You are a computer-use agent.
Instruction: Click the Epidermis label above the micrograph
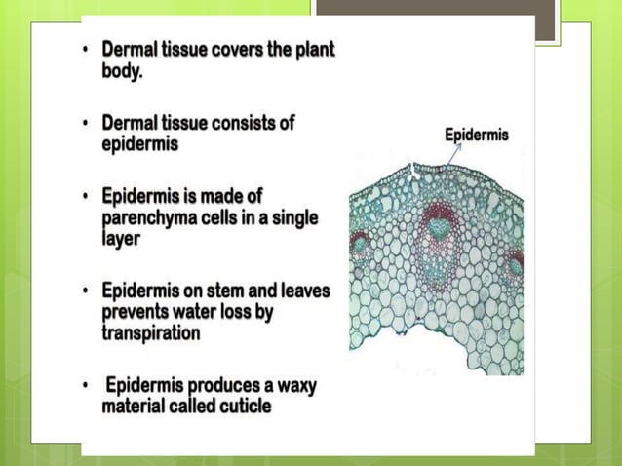[x=476, y=136]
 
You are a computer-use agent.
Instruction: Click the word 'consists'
[x=241, y=124]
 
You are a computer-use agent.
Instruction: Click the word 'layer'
[x=123, y=238]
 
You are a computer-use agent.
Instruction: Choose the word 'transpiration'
[x=151, y=332]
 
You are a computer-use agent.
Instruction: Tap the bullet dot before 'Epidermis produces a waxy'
[x=86, y=386]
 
